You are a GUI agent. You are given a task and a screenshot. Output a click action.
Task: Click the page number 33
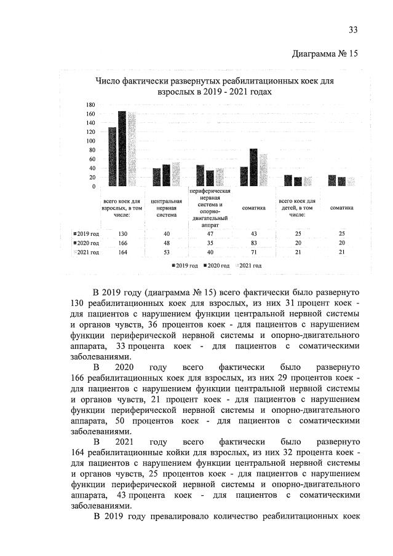353,29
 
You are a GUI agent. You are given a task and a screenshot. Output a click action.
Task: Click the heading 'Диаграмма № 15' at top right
324,53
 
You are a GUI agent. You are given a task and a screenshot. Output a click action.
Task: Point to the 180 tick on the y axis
90,104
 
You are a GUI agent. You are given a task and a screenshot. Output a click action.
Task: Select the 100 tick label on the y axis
90,141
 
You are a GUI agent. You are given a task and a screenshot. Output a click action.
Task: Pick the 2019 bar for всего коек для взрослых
113,157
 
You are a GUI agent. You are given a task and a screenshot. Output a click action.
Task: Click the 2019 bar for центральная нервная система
156,177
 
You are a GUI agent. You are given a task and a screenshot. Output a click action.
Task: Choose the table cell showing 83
253,243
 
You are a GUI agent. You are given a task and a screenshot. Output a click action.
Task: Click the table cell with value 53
165,252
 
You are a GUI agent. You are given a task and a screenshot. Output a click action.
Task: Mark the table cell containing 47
210,233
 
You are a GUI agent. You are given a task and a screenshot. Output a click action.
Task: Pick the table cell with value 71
253,252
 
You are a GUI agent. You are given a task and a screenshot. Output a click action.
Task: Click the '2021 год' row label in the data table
85,252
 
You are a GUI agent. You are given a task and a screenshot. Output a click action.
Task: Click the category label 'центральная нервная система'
165,208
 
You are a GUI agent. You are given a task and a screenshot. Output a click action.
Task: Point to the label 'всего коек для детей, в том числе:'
297,208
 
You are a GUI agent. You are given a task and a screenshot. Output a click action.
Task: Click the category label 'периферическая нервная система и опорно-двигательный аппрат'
210,208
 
